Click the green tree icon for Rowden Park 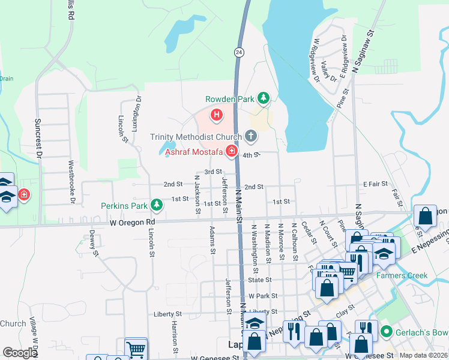(262, 98)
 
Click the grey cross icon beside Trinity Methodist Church (250, 137)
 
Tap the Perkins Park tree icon (157, 206)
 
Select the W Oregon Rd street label (131, 223)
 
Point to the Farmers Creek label (402, 276)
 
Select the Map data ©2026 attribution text (424, 355)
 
